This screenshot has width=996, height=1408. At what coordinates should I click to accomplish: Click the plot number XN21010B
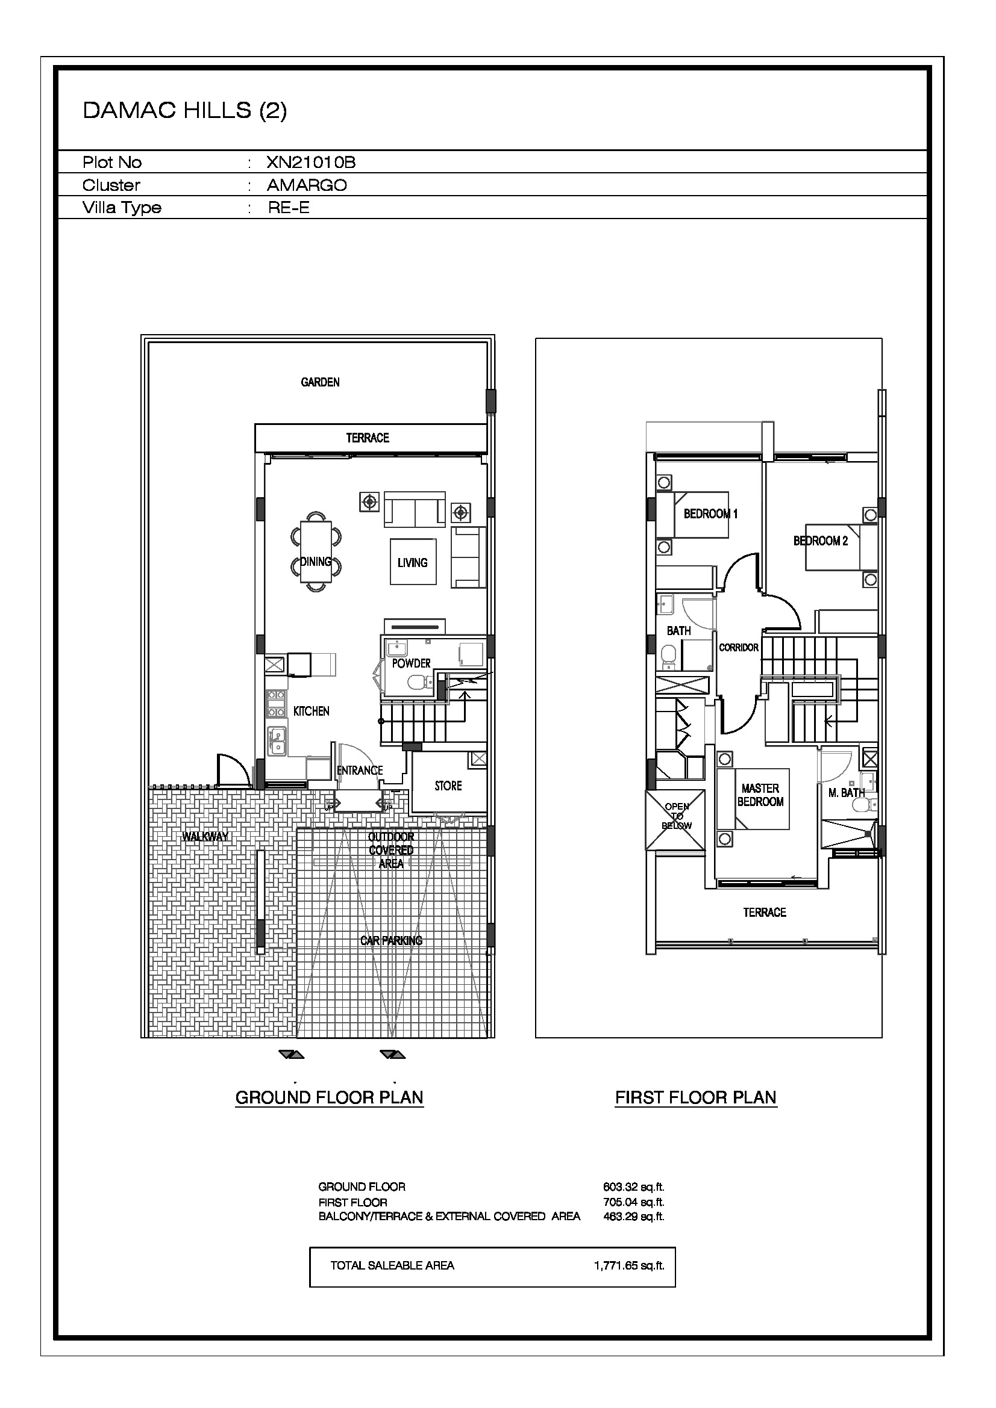coord(311,162)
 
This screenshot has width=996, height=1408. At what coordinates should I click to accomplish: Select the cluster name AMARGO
coord(307,185)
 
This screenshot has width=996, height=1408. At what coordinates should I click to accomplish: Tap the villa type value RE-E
coord(289,207)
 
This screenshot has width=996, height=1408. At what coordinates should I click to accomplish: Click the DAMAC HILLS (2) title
coord(185,110)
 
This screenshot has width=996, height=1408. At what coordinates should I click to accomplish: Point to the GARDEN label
coord(321,382)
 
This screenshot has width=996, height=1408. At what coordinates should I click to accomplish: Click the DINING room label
coord(316,561)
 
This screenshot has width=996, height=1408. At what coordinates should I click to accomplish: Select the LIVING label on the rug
coord(412,562)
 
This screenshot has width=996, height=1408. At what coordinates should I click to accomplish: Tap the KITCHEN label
coord(311,711)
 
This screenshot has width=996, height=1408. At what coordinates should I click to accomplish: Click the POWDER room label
coord(411,663)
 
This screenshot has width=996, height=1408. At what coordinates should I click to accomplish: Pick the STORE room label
coord(448,786)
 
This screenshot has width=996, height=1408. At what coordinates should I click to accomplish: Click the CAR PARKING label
coord(392,940)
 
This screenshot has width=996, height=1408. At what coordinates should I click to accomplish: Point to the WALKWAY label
coord(205,837)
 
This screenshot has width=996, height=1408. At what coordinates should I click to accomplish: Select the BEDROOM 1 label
coord(710,513)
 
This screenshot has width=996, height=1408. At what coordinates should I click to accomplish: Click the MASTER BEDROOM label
coord(760,795)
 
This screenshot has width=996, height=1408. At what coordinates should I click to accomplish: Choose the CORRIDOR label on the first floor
coord(739,647)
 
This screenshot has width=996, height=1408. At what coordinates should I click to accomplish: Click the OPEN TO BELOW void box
coord(675,820)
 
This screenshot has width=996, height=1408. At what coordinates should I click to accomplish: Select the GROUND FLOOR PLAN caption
coord(330,1097)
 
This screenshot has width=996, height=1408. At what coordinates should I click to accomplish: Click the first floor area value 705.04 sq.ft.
coord(634,1202)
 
